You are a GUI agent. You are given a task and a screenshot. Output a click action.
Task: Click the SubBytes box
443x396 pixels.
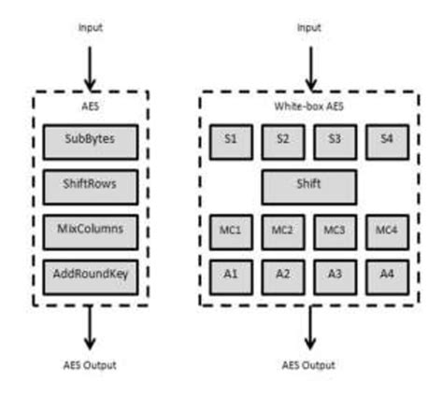tap(91, 141)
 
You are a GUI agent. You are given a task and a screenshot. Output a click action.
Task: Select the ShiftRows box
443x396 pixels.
tap(91, 184)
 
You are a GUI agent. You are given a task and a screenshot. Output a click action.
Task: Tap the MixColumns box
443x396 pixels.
tap(91, 229)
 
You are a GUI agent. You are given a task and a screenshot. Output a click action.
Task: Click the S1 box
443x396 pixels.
tap(230, 141)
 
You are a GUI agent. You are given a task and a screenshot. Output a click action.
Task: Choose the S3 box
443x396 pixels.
tap(335, 141)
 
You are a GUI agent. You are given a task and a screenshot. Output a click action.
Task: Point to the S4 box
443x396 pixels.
tap(386, 141)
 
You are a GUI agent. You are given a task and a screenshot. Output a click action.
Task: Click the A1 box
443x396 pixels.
tap(230, 276)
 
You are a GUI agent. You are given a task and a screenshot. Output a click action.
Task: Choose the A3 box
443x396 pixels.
tap(335, 276)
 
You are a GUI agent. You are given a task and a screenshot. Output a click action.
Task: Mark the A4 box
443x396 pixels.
tap(386, 276)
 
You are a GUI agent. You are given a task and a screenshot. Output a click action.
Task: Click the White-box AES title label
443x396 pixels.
tap(308, 106)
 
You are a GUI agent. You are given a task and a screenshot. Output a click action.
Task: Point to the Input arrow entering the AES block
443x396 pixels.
tap(91, 65)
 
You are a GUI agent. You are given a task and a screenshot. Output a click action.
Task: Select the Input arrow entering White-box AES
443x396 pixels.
tap(308, 65)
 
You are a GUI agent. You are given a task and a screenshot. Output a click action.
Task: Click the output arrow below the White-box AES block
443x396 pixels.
tap(308, 327)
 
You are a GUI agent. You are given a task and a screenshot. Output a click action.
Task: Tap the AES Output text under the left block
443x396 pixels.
tap(91, 364)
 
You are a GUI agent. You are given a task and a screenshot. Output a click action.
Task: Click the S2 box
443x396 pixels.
tap(282, 141)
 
